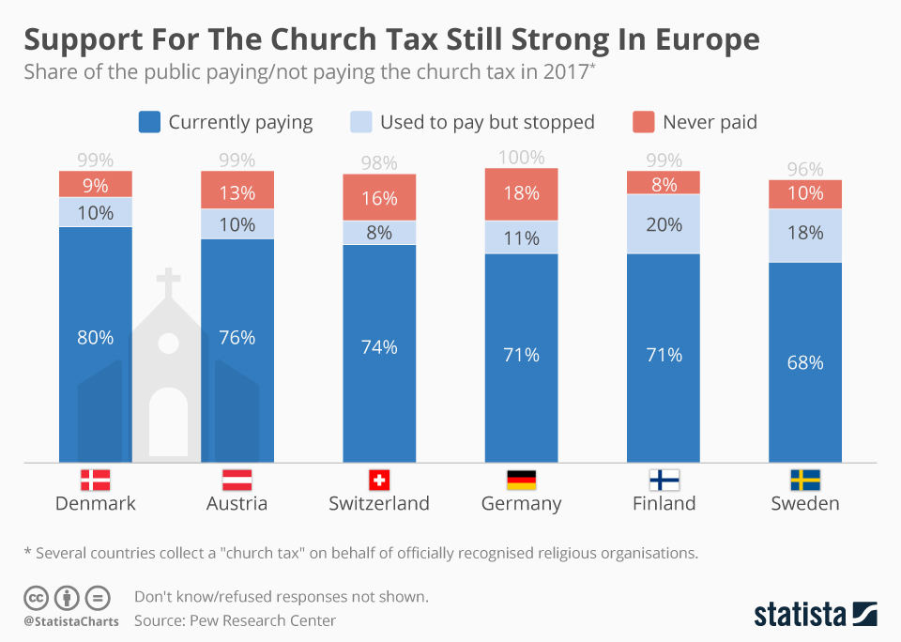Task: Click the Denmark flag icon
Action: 96,481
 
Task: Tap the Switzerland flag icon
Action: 379,481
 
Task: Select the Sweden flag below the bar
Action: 804,481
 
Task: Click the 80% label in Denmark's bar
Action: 96,338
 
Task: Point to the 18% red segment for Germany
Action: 521,194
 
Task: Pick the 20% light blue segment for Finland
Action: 663,223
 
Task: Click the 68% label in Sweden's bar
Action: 804,362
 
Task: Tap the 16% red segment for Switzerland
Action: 379,198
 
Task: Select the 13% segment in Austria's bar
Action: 237,193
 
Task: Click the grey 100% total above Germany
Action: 521,158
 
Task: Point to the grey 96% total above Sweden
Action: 804,170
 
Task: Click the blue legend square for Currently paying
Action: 149,122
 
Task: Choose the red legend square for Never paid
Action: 643,122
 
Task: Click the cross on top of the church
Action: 168,283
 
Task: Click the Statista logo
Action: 815,615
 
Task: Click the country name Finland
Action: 664,504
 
